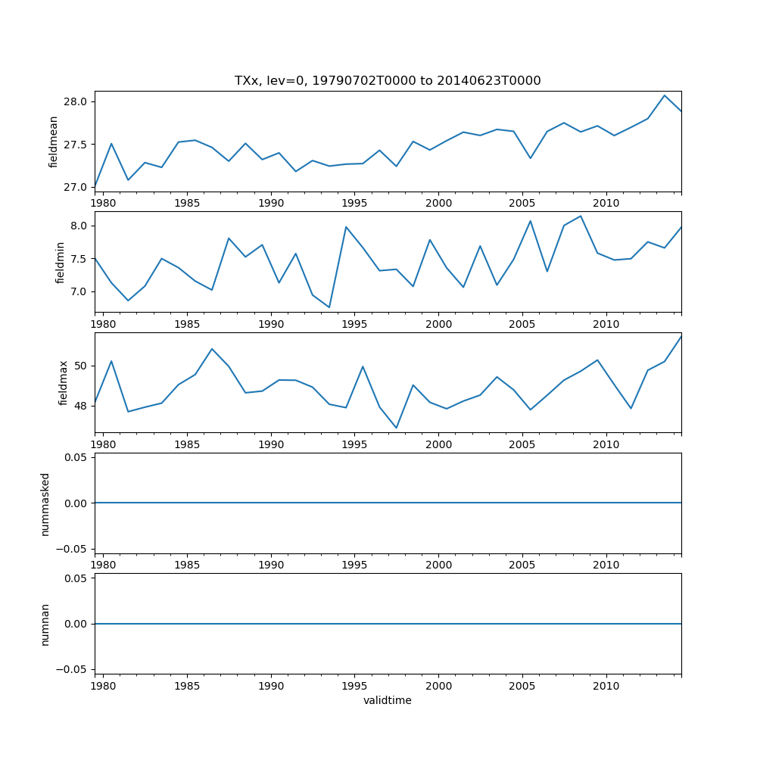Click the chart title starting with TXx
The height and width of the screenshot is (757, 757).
click(388, 81)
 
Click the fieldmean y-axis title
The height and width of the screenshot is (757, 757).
click(54, 142)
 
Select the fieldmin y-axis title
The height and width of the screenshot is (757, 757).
click(60, 262)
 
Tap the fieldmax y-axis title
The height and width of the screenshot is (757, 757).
click(64, 382)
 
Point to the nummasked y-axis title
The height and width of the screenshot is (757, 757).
click(45, 503)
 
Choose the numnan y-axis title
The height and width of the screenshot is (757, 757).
click(45, 624)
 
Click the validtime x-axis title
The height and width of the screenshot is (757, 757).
click(388, 701)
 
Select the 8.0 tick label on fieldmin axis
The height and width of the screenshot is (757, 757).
click(80, 226)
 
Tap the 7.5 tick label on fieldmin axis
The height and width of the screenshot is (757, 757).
click(80, 258)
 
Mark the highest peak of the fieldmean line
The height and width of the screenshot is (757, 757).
click(665, 95)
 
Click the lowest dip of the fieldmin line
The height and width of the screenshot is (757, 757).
click(329, 307)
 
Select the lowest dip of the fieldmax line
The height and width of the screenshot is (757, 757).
click(396, 428)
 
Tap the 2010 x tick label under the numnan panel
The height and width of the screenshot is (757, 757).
click(606, 687)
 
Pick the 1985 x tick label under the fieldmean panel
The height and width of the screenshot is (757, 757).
click(187, 203)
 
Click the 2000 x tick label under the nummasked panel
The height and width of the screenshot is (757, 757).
click(438, 565)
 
